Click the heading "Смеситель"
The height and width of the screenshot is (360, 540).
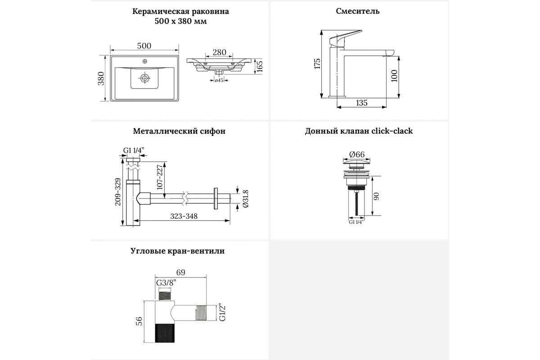pyautogui.click(x=358, y=11)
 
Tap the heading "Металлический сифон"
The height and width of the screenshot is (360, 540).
pyautogui.click(x=179, y=131)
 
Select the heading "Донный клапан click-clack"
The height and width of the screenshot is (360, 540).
pyautogui.click(x=359, y=131)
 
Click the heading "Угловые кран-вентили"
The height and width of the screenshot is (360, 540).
pyautogui.click(x=177, y=251)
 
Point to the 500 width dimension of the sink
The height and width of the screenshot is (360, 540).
pyautogui.click(x=144, y=45)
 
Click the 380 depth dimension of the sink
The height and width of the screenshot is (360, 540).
pyautogui.click(x=102, y=78)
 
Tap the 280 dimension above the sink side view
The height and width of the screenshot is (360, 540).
pyautogui.click(x=219, y=52)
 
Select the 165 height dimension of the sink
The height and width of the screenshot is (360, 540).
pyautogui.click(x=259, y=66)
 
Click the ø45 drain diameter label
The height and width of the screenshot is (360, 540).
pyautogui.click(x=219, y=81)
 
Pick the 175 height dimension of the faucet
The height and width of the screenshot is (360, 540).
pyautogui.click(x=317, y=63)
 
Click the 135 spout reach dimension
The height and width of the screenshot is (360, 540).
pyautogui.click(x=361, y=103)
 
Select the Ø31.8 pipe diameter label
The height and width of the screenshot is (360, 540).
pyautogui.click(x=245, y=198)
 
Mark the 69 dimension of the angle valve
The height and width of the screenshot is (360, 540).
pyautogui.click(x=180, y=272)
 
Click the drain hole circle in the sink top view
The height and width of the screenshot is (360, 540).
pyautogui.click(x=145, y=78)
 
